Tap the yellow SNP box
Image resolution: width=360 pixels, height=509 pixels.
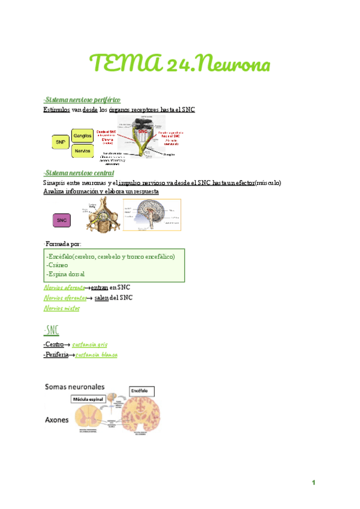60,142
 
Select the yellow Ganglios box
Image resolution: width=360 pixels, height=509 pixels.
82,136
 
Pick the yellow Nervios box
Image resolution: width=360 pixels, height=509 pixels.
82,151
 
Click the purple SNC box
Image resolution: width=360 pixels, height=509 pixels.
62,220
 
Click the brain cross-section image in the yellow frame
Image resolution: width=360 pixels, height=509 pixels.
152,215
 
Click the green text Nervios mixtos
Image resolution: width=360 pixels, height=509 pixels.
62,308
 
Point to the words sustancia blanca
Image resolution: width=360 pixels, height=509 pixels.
92,355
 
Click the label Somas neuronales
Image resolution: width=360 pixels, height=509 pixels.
74,387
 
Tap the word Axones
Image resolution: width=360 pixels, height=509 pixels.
58,420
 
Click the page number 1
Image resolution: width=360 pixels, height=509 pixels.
313,483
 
